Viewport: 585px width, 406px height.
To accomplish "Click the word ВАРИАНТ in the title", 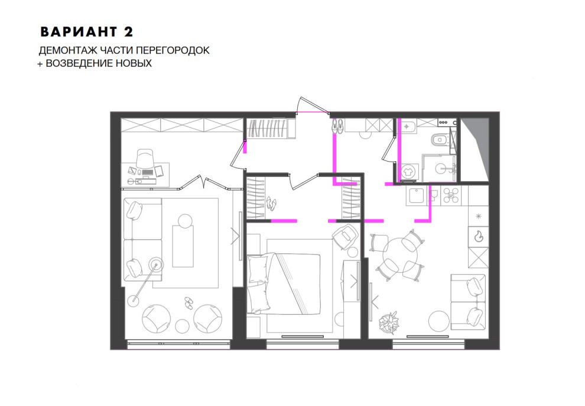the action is coord(79,32).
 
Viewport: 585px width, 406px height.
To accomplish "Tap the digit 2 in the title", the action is coord(128,32).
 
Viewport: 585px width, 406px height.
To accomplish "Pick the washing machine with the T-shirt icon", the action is coord(409,173).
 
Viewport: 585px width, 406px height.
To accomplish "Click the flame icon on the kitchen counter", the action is coord(478,236).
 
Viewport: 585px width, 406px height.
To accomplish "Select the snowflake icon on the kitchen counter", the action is coord(478,216).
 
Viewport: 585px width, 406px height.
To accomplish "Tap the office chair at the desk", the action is coord(145,159).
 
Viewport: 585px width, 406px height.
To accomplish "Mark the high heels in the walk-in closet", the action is coord(271,203).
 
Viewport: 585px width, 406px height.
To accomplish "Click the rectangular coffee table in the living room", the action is coord(183,246).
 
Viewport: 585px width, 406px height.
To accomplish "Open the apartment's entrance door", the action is coord(313,106).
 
